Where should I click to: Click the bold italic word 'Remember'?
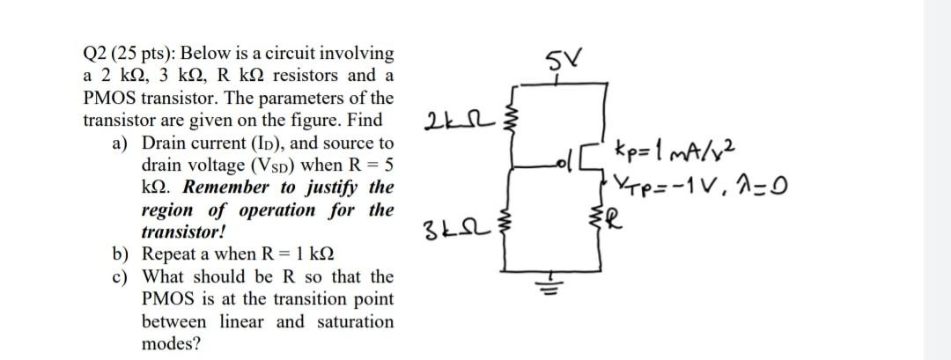coord(225,187)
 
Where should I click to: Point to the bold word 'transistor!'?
coord(184,232)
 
